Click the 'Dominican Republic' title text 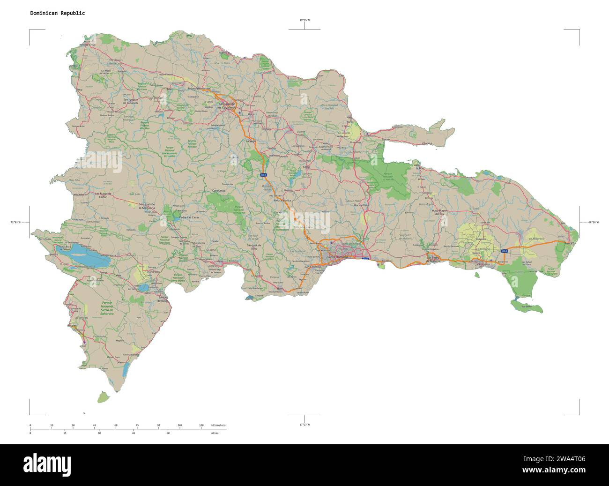(57, 13)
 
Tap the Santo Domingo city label (338, 257)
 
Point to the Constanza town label (219, 191)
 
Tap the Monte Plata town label (361, 205)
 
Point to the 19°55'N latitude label (304, 20)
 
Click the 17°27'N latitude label (304, 424)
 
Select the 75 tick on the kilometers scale (137, 425)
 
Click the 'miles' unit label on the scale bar (215, 433)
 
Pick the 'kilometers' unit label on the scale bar (218, 425)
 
